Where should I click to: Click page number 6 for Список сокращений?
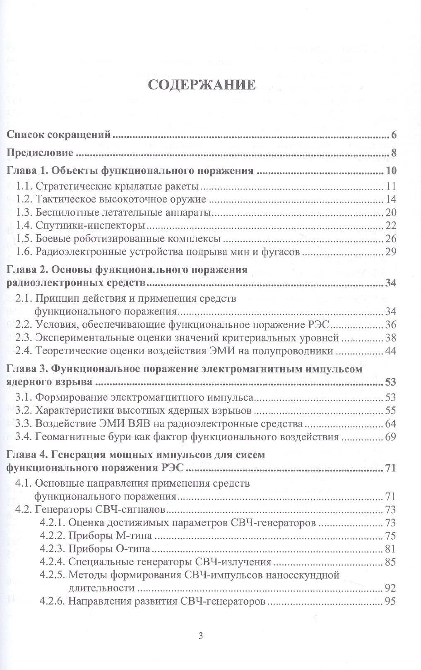click(x=394, y=135)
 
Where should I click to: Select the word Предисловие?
click(x=40, y=153)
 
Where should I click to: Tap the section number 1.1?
click(x=24, y=186)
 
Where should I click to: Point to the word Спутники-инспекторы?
click(x=90, y=226)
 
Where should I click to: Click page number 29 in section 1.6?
click(x=391, y=252)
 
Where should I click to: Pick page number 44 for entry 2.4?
click(x=391, y=351)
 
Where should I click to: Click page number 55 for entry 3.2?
click(x=391, y=411)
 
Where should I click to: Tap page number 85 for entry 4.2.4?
click(x=390, y=562)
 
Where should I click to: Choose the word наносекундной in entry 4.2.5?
click(x=302, y=575)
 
